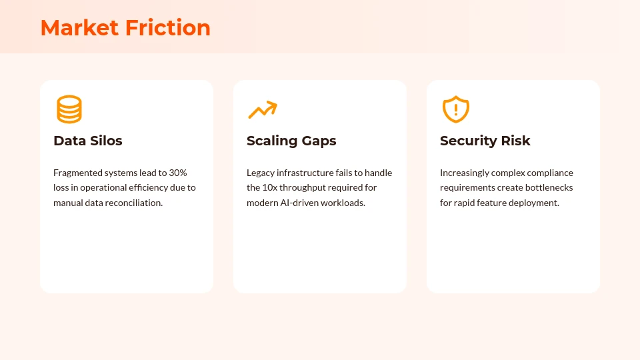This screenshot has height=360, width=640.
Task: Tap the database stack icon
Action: tap(69, 109)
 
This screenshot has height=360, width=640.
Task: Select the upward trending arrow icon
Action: tap(262, 109)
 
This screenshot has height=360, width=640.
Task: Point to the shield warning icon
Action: tap(456, 109)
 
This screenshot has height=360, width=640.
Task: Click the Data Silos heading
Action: tap(88, 141)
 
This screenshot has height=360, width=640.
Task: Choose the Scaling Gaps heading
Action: tap(291, 141)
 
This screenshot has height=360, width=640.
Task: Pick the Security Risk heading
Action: tap(485, 141)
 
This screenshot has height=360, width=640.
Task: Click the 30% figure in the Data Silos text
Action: tap(178, 173)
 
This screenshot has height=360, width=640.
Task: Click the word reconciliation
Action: tap(132, 203)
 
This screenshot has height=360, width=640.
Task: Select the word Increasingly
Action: tap(465, 173)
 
